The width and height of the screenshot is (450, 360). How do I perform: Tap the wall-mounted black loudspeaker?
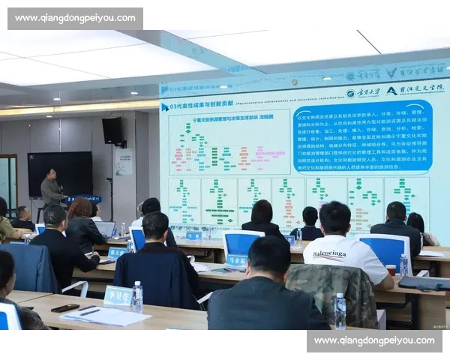coord(112,130)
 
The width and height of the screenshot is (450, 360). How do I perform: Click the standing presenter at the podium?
coord(51,188)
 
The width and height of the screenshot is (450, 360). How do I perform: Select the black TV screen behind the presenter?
coord(60,174)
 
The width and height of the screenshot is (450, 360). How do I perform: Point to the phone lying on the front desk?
coord(65,307)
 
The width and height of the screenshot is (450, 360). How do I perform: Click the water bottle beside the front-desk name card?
coord(137,296)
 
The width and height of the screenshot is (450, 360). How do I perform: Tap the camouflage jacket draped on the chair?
coord(331,292)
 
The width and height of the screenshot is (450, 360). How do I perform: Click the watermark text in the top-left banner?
coord(74,18)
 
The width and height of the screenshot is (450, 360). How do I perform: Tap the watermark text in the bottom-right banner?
coord(374,340)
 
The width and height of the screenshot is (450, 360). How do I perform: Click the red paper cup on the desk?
coord(390,270)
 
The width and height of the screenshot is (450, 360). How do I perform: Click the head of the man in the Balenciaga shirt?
coord(334,217)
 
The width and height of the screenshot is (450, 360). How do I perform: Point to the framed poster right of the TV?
coord(124,160)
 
